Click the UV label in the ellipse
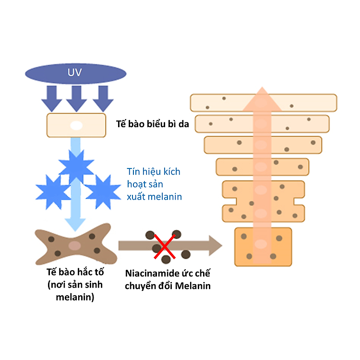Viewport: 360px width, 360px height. pyautogui.click(x=74, y=72)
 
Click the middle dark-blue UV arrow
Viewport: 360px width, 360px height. pyautogui.click(x=76, y=99)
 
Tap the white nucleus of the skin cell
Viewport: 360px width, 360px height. pyautogui.click(x=76, y=126)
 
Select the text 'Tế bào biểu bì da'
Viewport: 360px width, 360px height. pyautogui.click(x=153, y=124)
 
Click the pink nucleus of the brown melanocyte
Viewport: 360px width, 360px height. pyautogui.click(x=74, y=245)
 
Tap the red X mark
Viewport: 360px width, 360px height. pyautogui.click(x=165, y=247)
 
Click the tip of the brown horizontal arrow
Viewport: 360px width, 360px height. pyautogui.click(x=222, y=245)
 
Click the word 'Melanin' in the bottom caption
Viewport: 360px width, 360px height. pyautogui.click(x=192, y=286)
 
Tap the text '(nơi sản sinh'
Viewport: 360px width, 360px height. pyautogui.click(x=75, y=285)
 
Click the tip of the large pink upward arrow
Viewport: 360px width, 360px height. pyautogui.click(x=262, y=87)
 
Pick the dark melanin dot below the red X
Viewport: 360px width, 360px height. pyautogui.click(x=166, y=259)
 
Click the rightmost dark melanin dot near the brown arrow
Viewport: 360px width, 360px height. pyautogui.click(x=186, y=254)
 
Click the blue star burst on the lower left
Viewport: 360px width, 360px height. pyautogui.click(x=53, y=192)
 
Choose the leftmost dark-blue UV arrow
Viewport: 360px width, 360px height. pyautogui.click(x=52, y=99)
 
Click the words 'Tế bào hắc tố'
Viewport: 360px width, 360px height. pyautogui.click(x=75, y=272)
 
